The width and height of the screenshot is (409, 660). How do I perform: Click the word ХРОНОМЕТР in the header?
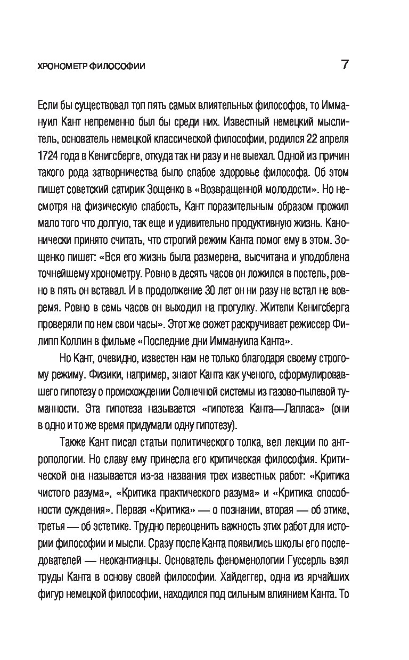coord(59,67)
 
